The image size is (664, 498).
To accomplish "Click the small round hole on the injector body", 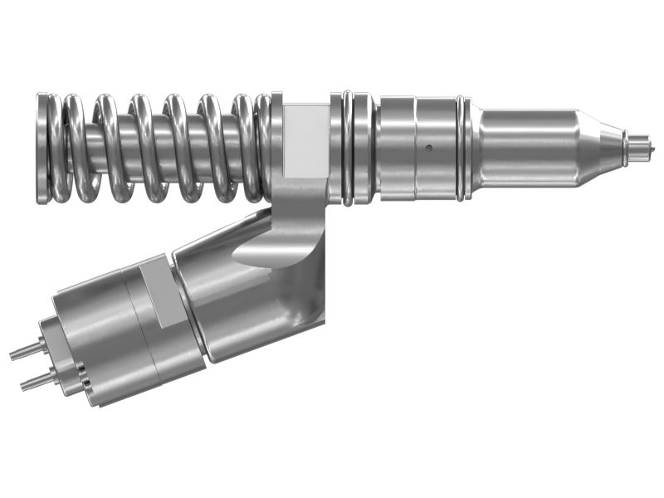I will (x=428, y=149).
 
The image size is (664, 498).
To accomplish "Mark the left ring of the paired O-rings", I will (x=347, y=148).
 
